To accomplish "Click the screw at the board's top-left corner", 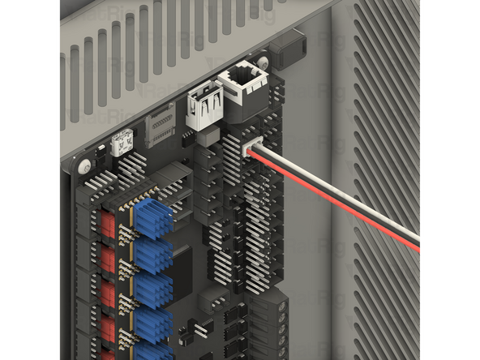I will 84,167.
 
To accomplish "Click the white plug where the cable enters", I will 252,151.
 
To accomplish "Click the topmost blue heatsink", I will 152,216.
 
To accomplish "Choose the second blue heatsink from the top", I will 153,254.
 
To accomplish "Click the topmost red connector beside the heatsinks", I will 109,223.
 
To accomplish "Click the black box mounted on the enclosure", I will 285,52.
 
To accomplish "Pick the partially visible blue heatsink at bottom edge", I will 154,352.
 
